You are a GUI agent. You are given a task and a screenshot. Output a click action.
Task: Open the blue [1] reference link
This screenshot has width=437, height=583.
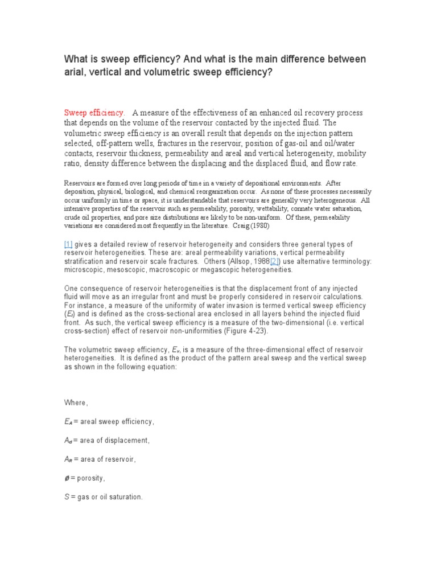69,244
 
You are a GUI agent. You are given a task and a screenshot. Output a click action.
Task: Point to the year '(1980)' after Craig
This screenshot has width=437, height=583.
252,225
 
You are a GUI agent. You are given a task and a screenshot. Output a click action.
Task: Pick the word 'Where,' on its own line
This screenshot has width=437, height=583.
76,403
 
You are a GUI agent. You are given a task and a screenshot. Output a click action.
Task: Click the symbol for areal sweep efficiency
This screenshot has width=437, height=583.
68,422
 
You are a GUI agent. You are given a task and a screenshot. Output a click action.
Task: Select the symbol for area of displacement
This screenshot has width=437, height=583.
68,441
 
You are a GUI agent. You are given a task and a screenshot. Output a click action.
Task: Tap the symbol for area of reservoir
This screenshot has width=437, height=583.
68,459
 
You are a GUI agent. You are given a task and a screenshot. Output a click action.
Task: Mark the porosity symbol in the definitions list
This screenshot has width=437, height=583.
67,478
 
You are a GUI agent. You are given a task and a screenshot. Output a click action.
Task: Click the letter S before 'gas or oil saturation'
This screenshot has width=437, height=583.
66,497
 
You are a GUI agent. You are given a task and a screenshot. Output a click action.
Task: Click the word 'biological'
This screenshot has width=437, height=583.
135,192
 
